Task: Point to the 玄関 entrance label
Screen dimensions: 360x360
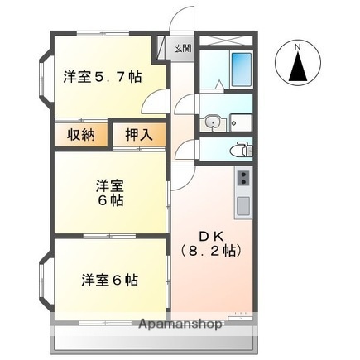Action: [x=182, y=48]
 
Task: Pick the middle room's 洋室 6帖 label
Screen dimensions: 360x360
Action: [x=108, y=192]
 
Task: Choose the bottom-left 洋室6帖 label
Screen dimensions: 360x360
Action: [x=109, y=279]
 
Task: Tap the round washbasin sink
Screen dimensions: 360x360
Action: [x=214, y=122]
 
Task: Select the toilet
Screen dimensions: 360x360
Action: [x=242, y=149]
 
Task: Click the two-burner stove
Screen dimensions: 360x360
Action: [x=244, y=177]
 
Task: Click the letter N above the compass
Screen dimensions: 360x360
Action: [x=299, y=48]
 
